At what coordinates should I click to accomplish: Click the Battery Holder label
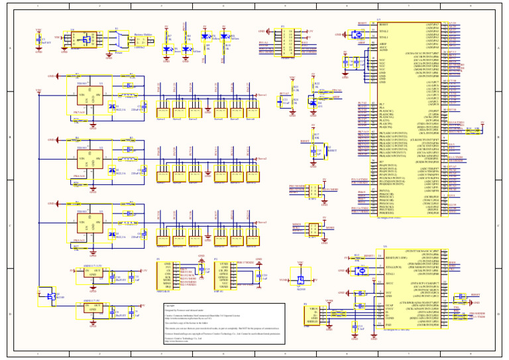click(143, 33)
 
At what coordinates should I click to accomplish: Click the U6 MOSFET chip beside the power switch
click(84, 40)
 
